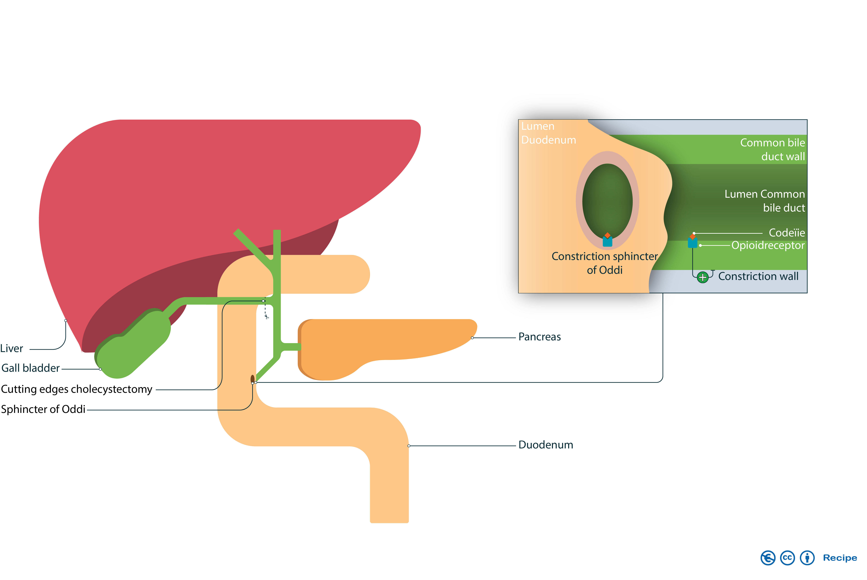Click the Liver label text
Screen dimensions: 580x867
point(12,348)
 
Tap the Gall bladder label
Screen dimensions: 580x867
point(31,368)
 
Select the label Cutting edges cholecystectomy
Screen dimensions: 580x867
point(77,389)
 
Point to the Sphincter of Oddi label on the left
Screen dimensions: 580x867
point(43,409)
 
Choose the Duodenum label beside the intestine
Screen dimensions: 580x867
point(546,445)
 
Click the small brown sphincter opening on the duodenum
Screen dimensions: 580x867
point(253,379)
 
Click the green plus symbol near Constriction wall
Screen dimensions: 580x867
point(702,277)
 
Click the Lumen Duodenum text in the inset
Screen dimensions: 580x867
point(548,133)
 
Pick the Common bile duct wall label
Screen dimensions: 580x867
point(772,149)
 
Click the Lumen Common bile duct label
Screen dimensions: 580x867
point(764,201)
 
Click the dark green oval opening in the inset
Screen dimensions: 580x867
point(607,200)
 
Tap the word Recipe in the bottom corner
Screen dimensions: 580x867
point(840,558)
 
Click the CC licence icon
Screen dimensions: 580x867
point(788,558)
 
